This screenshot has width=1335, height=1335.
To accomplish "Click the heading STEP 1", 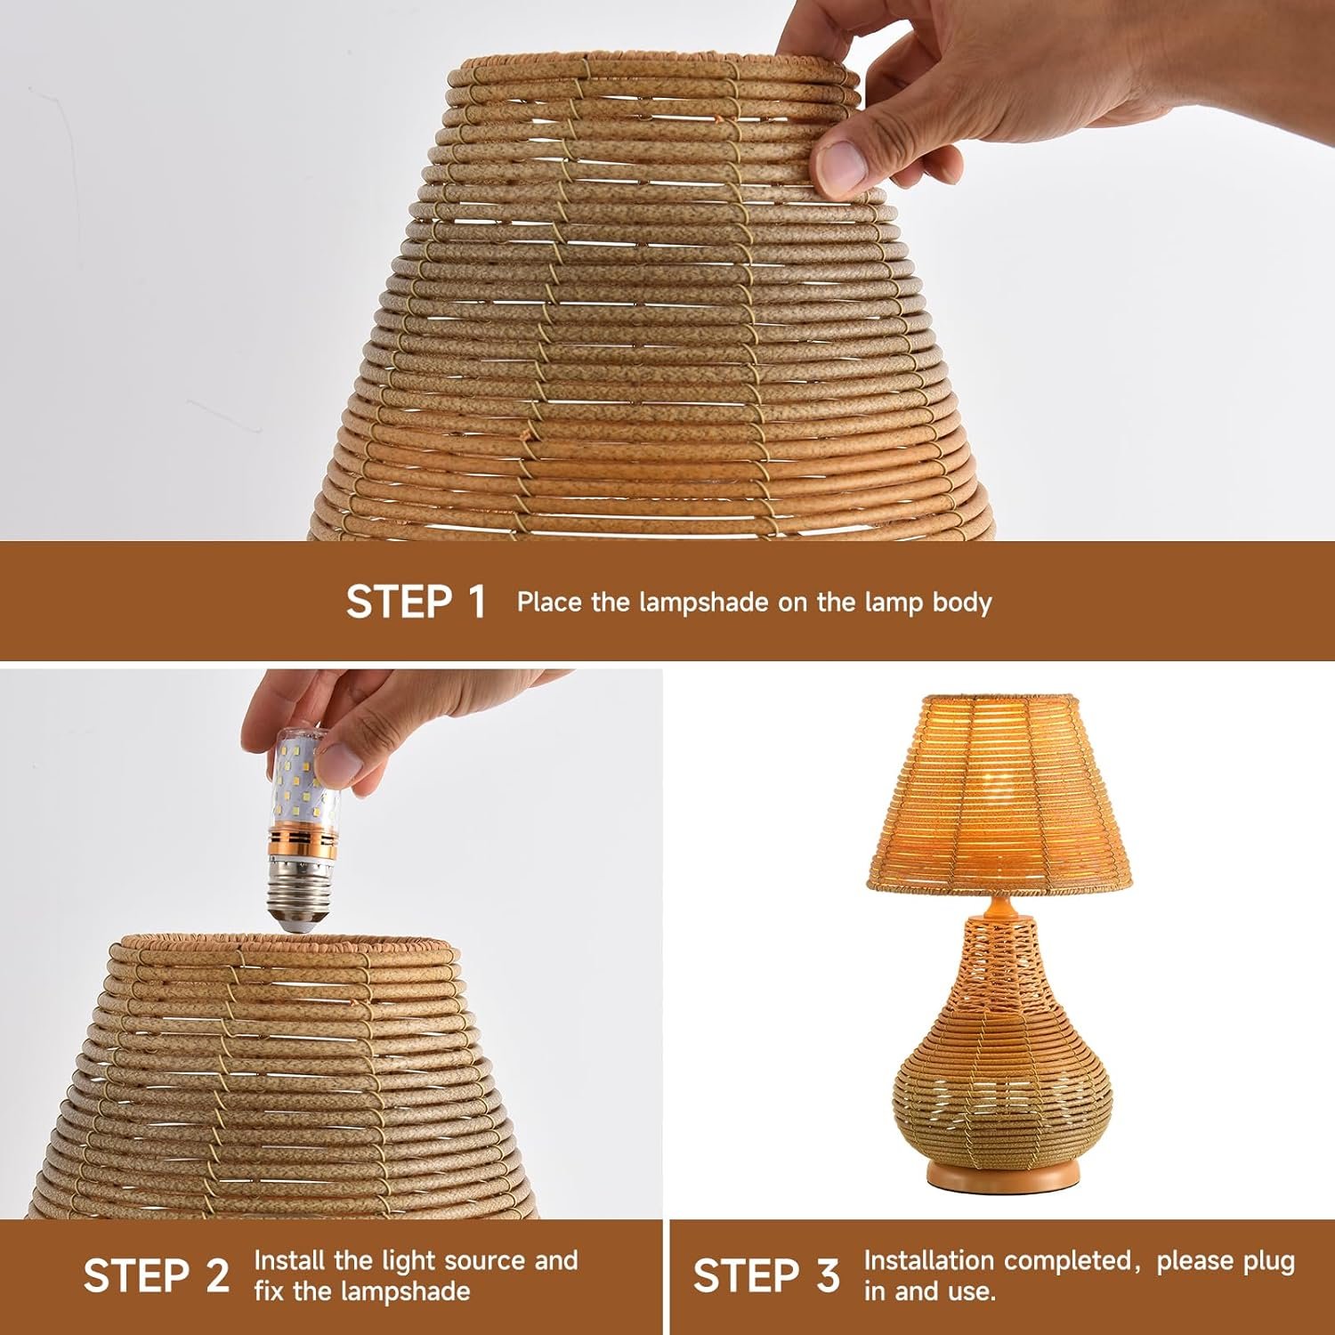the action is point(416,602).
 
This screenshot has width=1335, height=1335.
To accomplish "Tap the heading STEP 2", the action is point(157,1275).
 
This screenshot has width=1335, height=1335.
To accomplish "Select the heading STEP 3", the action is point(766,1275).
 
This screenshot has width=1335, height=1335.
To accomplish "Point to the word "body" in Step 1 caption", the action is point(961,603).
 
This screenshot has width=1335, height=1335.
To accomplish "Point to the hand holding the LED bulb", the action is point(356,721).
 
